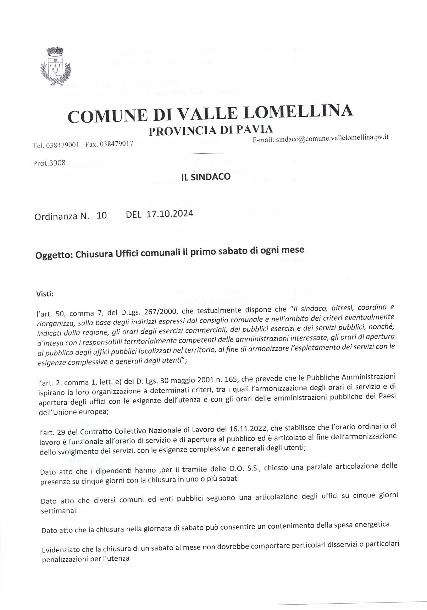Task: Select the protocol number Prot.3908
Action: click(x=49, y=164)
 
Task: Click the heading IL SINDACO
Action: click(x=206, y=176)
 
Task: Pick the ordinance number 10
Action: click(x=101, y=215)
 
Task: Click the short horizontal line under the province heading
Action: click(x=207, y=153)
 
